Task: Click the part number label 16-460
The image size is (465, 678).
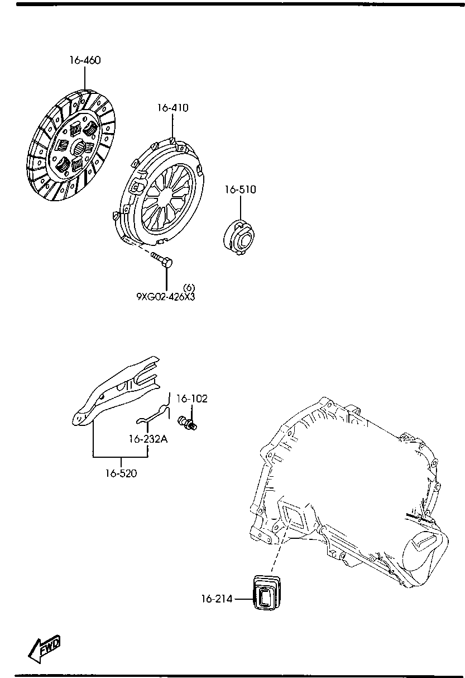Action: pos(85,60)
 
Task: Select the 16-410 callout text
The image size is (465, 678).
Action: pos(172,108)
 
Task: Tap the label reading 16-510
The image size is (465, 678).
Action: pos(241,189)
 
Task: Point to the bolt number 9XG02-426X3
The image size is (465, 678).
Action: pos(166,297)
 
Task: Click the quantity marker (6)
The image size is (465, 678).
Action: pos(189,287)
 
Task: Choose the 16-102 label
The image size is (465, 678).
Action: pos(192,399)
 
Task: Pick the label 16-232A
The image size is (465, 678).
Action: pos(148,439)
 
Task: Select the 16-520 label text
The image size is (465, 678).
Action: pos(121,473)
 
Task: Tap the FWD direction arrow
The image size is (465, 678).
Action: pos(45,648)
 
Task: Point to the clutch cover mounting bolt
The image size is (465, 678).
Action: pos(162,260)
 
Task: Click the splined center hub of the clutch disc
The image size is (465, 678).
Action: pos(79,148)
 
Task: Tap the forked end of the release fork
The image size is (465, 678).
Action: pos(148,373)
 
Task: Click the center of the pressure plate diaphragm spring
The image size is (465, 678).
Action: pos(166,195)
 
